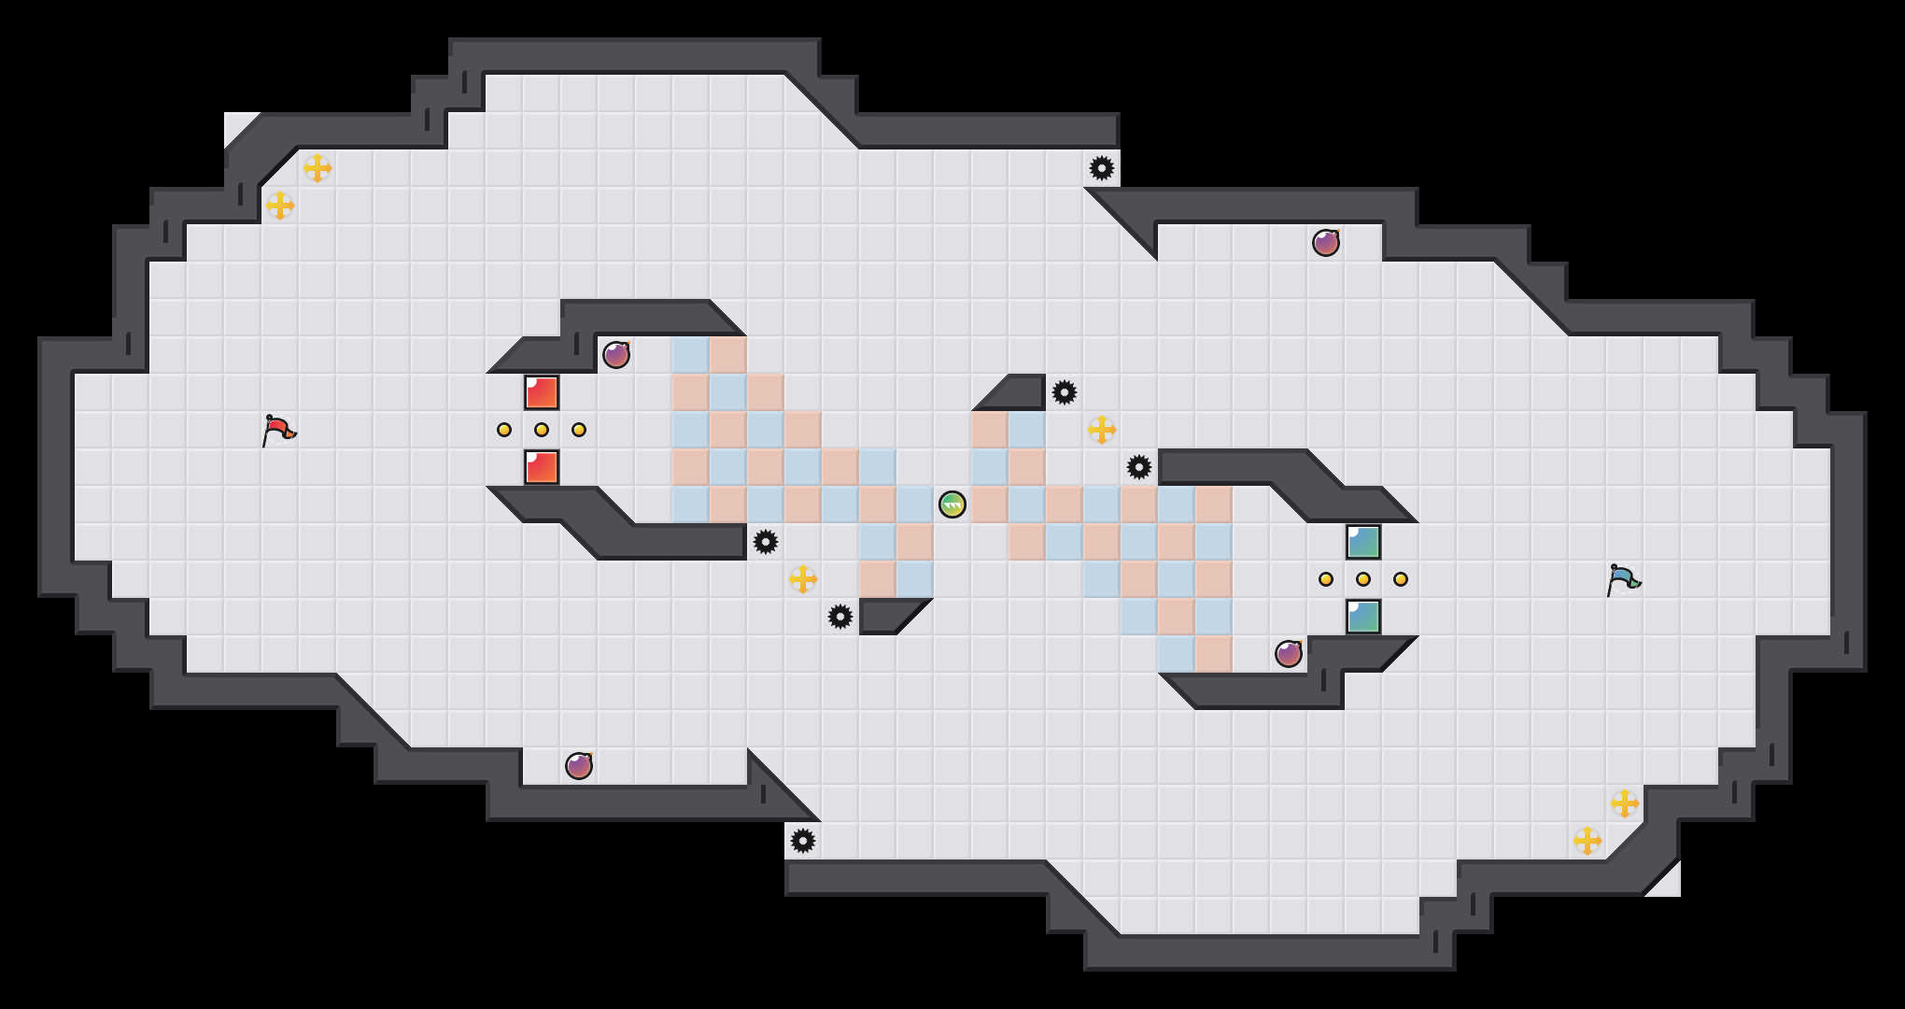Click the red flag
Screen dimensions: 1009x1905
pos(278,430)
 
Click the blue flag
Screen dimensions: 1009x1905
pos(1623,579)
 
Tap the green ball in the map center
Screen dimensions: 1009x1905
pos(952,504)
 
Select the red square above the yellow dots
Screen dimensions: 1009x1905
pos(542,392)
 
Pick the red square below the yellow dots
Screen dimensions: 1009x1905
pos(542,467)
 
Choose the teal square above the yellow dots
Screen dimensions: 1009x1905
pos(1363,542)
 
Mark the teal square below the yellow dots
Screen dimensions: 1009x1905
pos(1363,617)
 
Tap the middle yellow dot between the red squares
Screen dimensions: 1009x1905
pos(542,430)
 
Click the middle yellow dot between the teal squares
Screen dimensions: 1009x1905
pos(1363,579)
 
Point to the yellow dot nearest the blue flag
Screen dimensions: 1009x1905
pos(1401,579)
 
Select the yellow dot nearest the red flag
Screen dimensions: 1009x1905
pos(504,430)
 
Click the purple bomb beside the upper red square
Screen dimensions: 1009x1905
pos(616,355)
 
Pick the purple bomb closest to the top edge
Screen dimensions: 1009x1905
pos(1326,243)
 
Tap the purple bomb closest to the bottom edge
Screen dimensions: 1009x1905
pos(579,766)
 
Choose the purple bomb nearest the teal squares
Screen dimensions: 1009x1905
pos(1289,654)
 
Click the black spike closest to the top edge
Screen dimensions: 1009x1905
pos(1102,168)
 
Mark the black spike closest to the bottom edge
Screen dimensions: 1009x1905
pos(803,841)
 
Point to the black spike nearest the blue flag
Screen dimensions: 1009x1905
pos(1139,467)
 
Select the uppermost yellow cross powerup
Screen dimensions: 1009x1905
pos(317,168)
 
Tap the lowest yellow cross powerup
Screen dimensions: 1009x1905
pos(1587,841)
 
